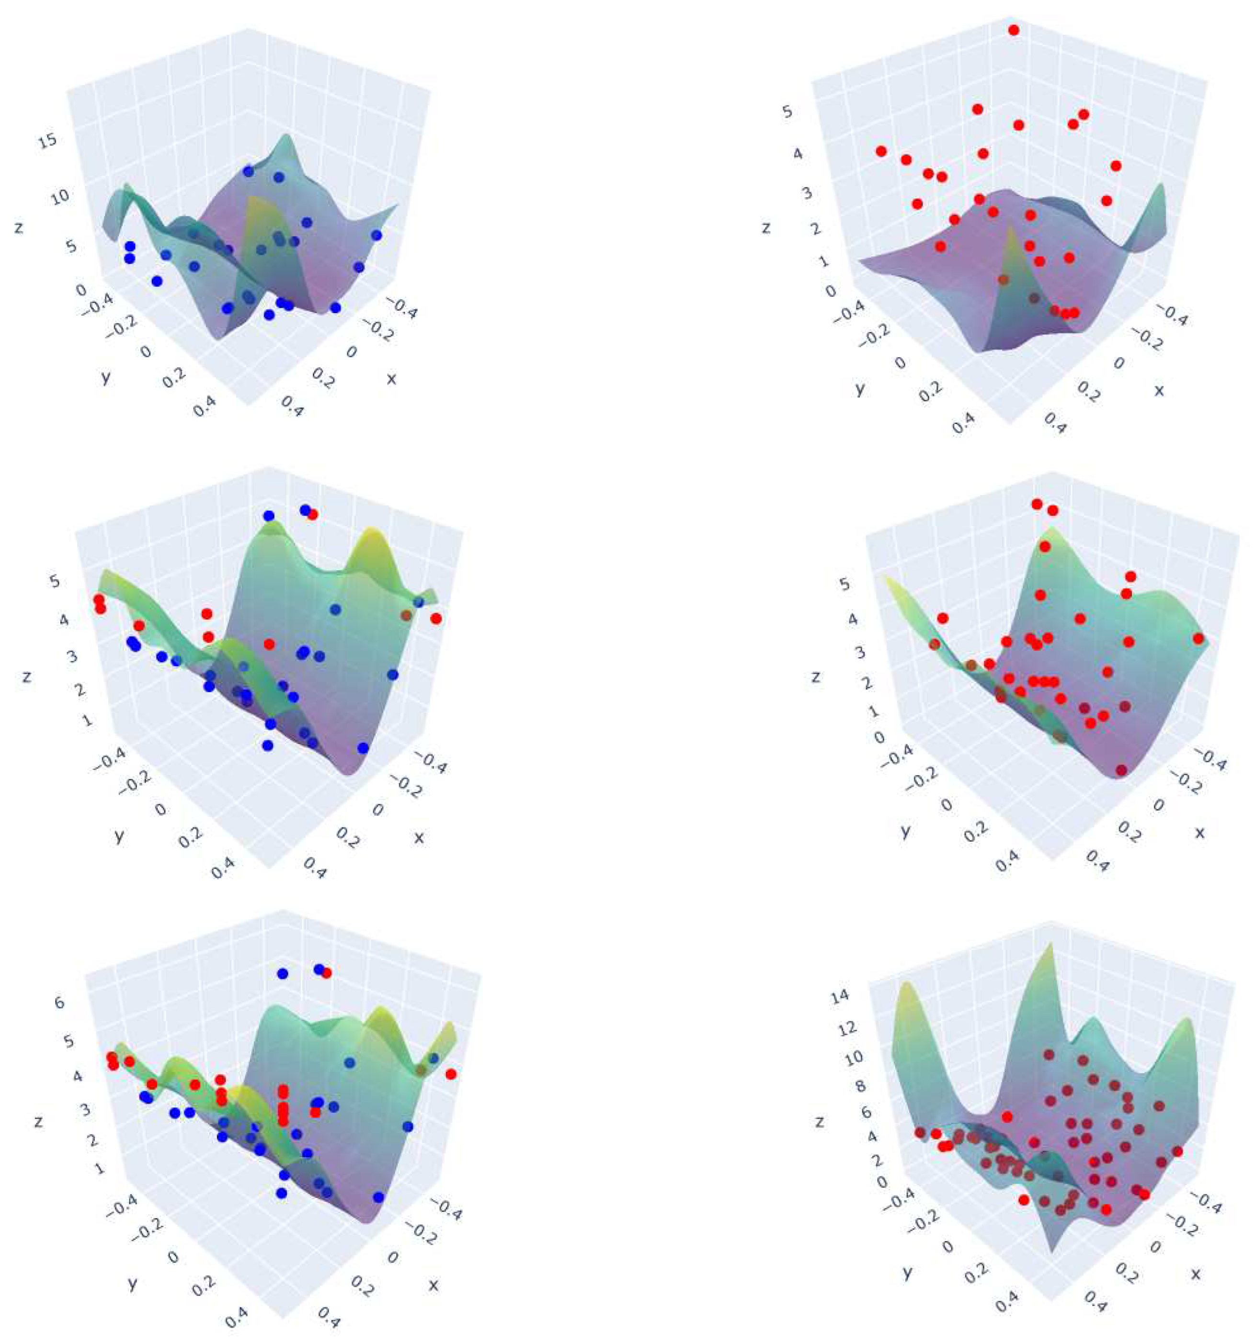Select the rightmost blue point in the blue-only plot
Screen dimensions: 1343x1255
(376, 235)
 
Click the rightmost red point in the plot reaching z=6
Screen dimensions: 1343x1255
(451, 1073)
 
